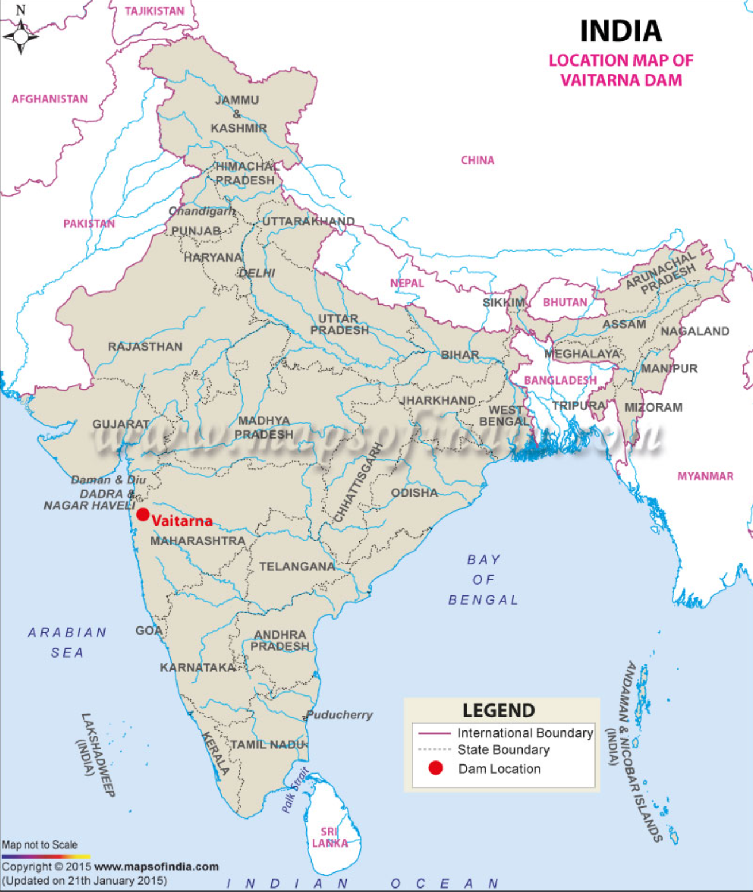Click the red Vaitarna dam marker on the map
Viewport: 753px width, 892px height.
pyautogui.click(x=143, y=514)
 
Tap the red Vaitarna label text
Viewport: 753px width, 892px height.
pyautogui.click(x=182, y=521)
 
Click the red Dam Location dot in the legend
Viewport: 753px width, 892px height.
pyautogui.click(x=436, y=768)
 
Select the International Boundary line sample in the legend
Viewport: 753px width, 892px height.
pyautogui.click(x=434, y=733)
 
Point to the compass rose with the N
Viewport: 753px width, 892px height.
pyautogui.click(x=21, y=36)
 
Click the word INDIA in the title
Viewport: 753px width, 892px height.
pyautogui.click(x=621, y=31)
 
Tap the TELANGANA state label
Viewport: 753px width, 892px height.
pyautogui.click(x=297, y=567)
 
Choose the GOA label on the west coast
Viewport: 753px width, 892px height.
pyautogui.click(x=148, y=630)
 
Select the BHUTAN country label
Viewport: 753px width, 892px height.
pyautogui.click(x=565, y=302)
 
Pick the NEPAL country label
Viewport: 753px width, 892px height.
pyautogui.click(x=407, y=283)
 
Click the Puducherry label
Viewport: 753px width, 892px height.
pyautogui.click(x=340, y=715)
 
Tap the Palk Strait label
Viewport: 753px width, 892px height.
pyautogui.click(x=295, y=790)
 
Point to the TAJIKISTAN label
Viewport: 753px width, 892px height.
pyautogui.click(x=155, y=11)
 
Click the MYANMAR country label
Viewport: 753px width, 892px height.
pyautogui.click(x=705, y=476)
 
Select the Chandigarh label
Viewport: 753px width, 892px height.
pyautogui.click(x=202, y=212)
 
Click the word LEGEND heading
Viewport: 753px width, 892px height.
pyautogui.click(x=499, y=711)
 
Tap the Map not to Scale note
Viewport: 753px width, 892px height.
pyautogui.click(x=40, y=845)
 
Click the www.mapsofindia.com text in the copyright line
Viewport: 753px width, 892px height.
pyautogui.click(x=156, y=867)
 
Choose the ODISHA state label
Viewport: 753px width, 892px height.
pyautogui.click(x=414, y=493)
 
